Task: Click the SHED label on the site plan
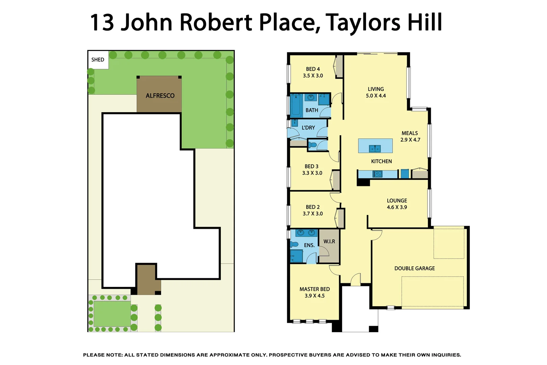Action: pyautogui.click(x=98, y=60)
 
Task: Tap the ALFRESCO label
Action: pyautogui.click(x=160, y=96)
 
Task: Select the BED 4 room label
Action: pyautogui.click(x=313, y=69)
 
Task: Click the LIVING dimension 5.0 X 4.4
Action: pyautogui.click(x=375, y=96)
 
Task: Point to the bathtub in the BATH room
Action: pyautogui.click(x=296, y=106)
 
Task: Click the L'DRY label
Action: pyautogui.click(x=308, y=128)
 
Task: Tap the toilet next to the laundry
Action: pyautogui.click(x=313, y=145)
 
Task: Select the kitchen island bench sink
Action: pyautogui.click(x=375, y=148)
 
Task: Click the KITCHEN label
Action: pyautogui.click(x=381, y=162)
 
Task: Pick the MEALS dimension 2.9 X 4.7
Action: pyautogui.click(x=410, y=140)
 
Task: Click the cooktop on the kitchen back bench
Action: pyautogui.click(x=377, y=174)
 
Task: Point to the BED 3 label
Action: pyautogui.click(x=311, y=166)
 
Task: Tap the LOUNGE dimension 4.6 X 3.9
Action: pyautogui.click(x=397, y=207)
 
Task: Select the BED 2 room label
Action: pyautogui.click(x=312, y=207)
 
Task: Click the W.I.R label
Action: pyautogui.click(x=329, y=241)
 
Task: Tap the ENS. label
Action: pyautogui.click(x=309, y=245)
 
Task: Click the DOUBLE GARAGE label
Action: pyautogui.click(x=414, y=268)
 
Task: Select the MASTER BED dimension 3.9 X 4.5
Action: pyautogui.click(x=314, y=296)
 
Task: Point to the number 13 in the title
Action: pyautogui.click(x=102, y=23)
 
